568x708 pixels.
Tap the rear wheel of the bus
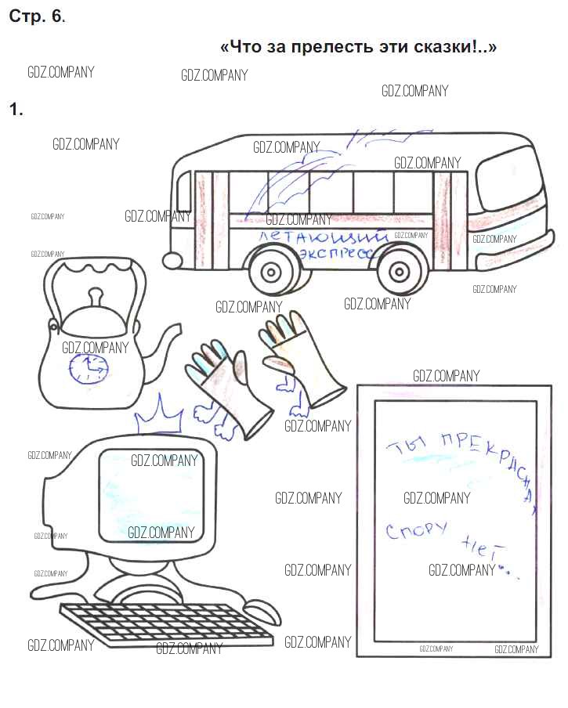(x=270, y=273)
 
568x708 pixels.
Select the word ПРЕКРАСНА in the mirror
(x=478, y=462)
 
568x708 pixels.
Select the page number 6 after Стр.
(x=56, y=16)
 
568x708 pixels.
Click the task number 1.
(x=15, y=110)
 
